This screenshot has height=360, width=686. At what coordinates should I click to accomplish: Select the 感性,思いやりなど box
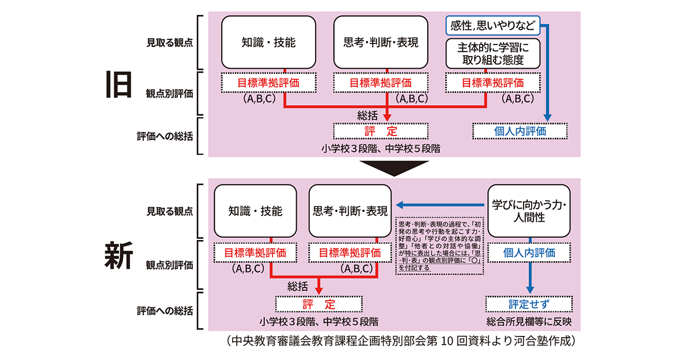pyautogui.click(x=492, y=26)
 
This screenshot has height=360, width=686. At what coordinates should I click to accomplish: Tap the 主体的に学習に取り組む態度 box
pyautogui.click(x=491, y=53)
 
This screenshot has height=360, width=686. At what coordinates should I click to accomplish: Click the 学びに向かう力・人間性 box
pyautogui.click(x=528, y=210)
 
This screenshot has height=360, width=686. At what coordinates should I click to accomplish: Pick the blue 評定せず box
pyautogui.click(x=528, y=303)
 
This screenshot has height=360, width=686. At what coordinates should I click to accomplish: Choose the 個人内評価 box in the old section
pyautogui.click(x=520, y=131)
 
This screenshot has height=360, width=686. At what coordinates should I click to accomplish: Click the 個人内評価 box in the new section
pyautogui.click(x=528, y=252)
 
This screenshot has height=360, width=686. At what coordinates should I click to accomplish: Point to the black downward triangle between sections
pyautogui.click(x=394, y=167)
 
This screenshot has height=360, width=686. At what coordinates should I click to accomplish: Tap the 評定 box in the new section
pyautogui.click(x=319, y=303)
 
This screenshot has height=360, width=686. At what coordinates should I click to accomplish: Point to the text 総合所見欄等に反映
pyautogui.click(x=529, y=321)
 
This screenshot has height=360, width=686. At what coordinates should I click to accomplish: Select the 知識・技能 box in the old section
pyautogui.click(x=269, y=42)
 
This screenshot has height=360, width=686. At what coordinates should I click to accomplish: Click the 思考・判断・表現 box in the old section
pyautogui.click(x=381, y=42)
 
